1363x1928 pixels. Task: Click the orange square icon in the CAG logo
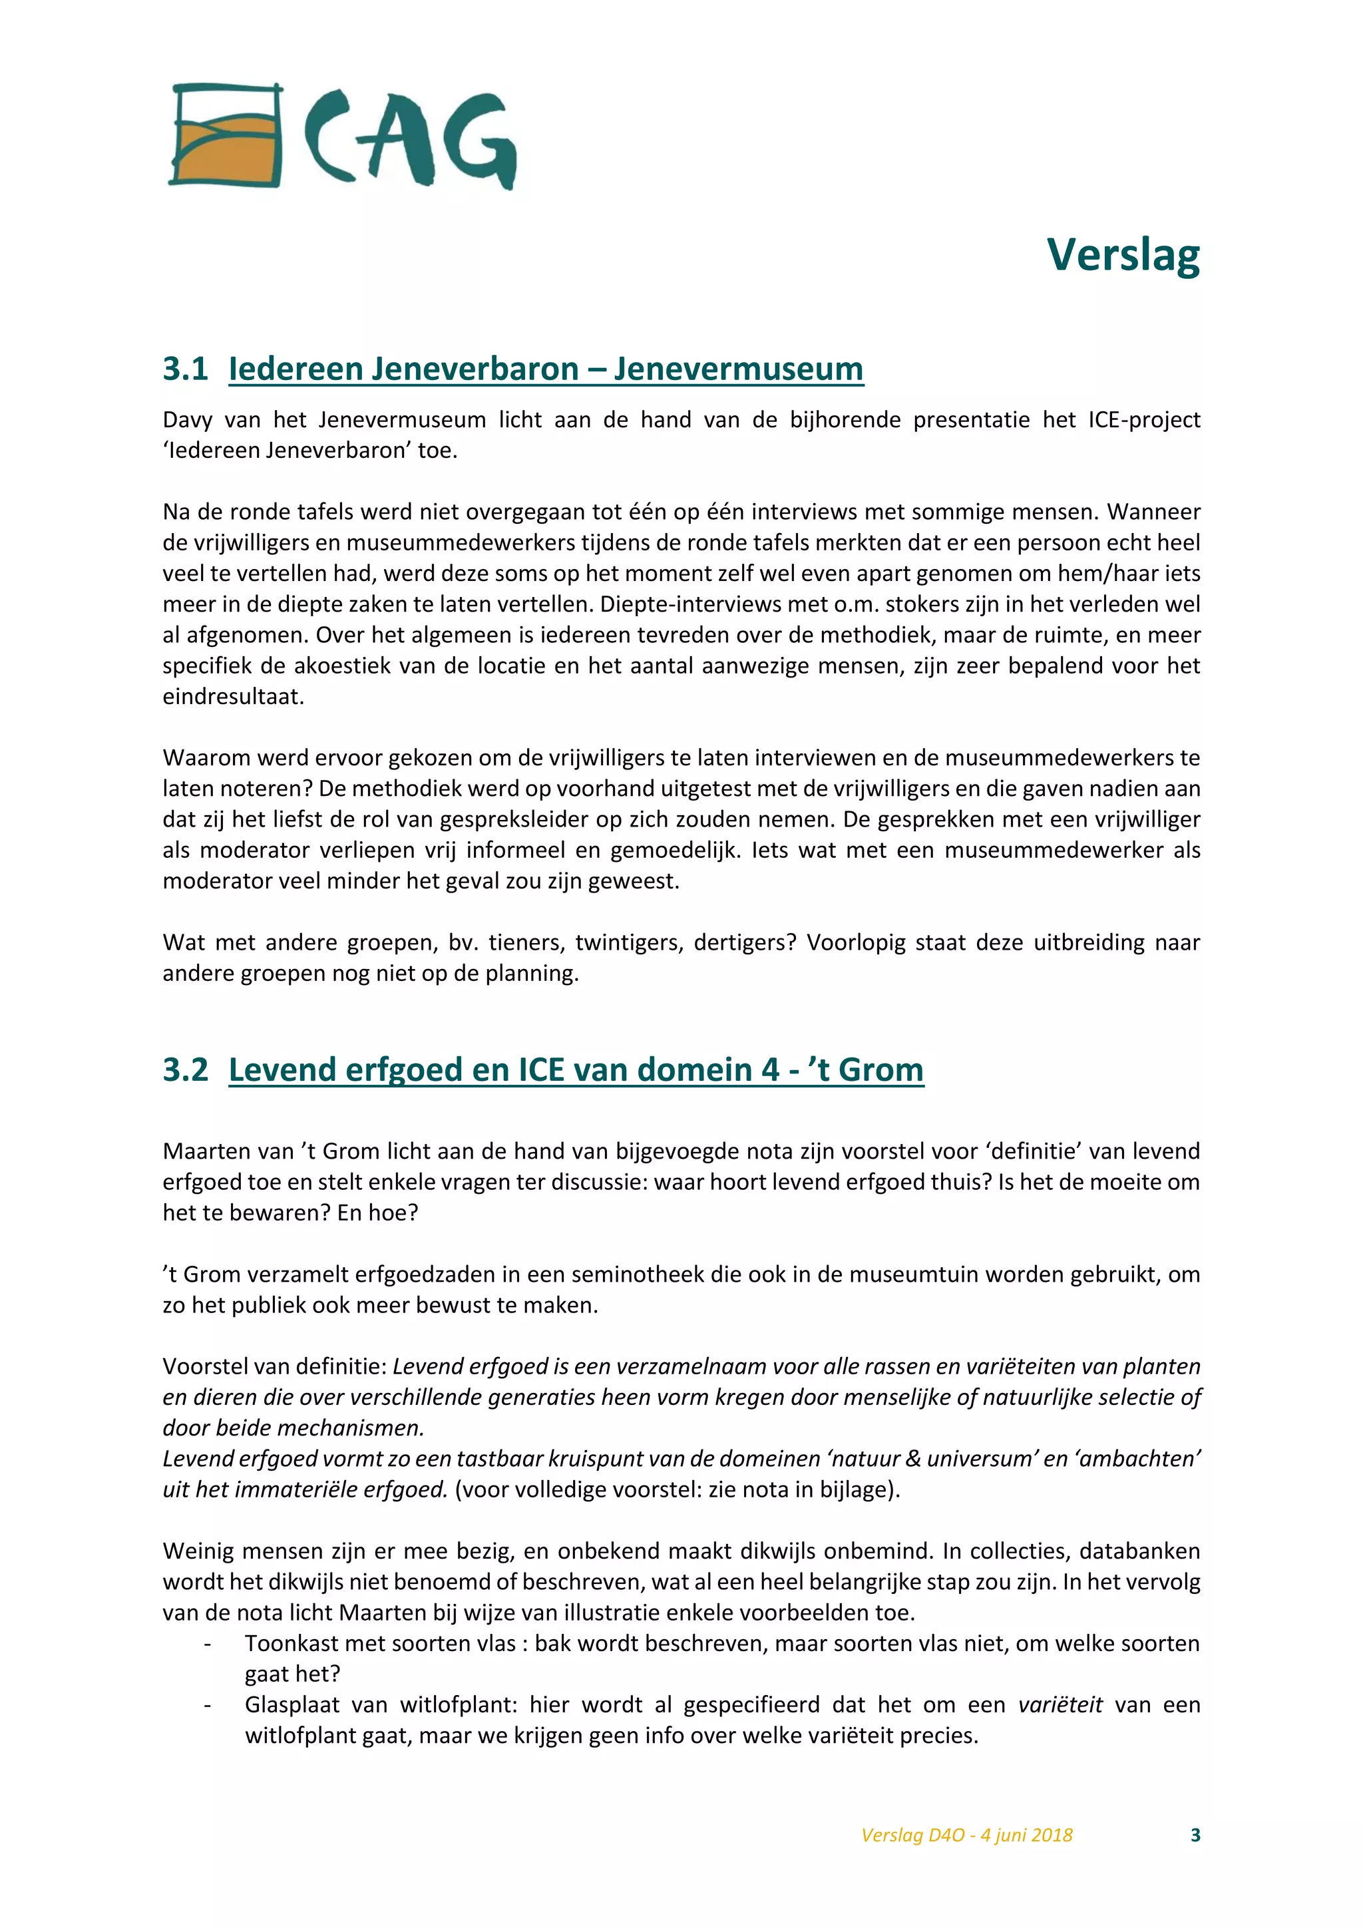coord(225,135)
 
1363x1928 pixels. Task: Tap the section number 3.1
coord(185,369)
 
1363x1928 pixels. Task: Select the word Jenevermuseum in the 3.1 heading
coord(738,369)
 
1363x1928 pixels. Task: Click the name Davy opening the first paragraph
coord(187,420)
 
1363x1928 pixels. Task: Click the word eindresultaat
coord(233,697)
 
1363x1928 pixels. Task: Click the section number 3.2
coord(185,1069)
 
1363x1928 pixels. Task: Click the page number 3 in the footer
coord(1195,1835)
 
